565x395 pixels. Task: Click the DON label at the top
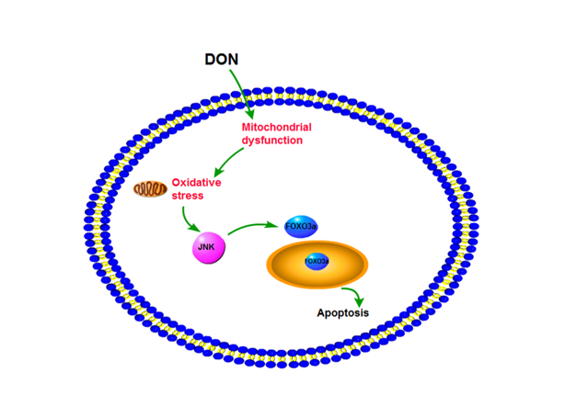[x=221, y=60]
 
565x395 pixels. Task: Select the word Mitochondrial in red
[x=277, y=126]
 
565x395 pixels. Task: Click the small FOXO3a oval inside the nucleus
[x=316, y=261]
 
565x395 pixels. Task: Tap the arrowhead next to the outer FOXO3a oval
[x=277, y=223]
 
